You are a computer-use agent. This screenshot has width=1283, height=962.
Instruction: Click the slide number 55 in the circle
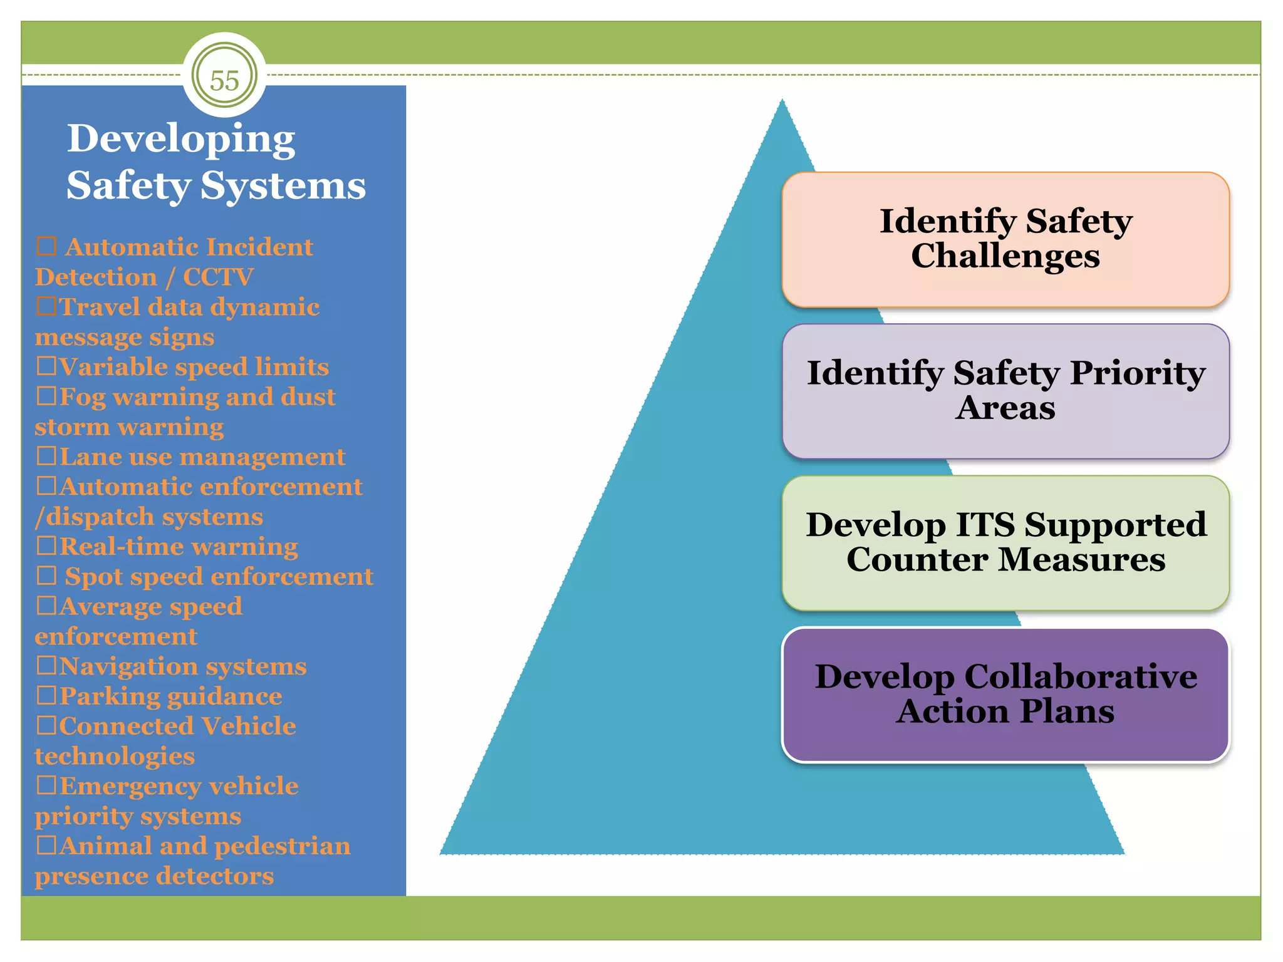coord(224,80)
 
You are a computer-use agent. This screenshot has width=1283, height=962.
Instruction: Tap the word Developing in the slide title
coord(181,139)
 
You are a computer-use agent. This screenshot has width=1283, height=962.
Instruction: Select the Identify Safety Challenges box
coord(1005,239)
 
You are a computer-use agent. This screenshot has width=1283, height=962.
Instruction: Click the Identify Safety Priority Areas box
coord(1005,391)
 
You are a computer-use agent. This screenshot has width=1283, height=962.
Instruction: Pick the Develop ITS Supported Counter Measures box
coord(1005,542)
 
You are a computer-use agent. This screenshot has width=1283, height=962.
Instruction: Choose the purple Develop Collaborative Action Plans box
coord(1005,695)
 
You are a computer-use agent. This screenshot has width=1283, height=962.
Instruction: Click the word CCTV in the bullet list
coord(218,277)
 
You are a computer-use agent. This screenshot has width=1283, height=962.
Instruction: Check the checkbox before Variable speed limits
coord(46,366)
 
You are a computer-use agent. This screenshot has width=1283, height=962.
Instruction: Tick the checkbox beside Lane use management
coord(46,456)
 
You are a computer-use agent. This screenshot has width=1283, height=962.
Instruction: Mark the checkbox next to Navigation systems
coord(46,665)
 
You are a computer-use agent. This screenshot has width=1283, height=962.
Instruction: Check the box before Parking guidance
coord(46,695)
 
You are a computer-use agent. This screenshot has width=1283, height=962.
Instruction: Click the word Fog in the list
coord(83,397)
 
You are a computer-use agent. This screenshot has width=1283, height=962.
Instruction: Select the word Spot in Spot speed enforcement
coord(93,577)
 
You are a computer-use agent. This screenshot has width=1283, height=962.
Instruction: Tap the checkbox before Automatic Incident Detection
coord(46,246)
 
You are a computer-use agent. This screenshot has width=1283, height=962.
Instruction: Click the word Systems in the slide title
coord(283,186)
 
